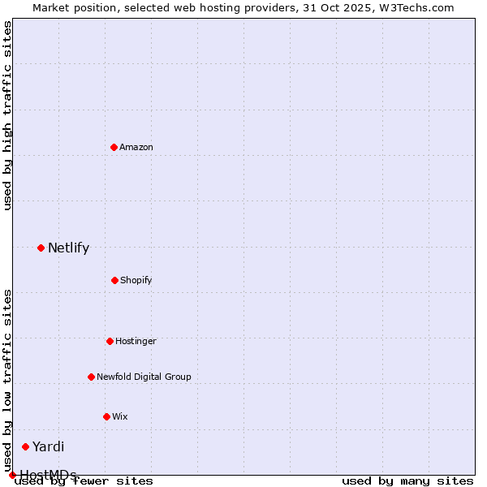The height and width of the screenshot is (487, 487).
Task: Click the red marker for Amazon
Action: pyautogui.click(x=114, y=147)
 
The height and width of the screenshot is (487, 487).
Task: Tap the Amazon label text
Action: pyautogui.click(x=136, y=147)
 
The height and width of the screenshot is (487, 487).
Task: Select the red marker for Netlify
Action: pyautogui.click(x=41, y=248)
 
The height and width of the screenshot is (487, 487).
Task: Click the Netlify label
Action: pyautogui.click(x=68, y=248)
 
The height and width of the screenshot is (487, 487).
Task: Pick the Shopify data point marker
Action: pyautogui.click(x=114, y=280)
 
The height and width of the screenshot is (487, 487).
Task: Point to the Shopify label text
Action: pyautogui.click(x=136, y=280)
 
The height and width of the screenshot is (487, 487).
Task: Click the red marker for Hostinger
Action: pyautogui.click(x=110, y=341)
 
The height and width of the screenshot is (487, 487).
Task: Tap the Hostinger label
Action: pyautogui.click(x=136, y=341)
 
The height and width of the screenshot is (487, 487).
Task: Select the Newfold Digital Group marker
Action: pyautogui.click(x=91, y=377)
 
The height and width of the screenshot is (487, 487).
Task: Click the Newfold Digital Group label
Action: pyautogui.click(x=144, y=377)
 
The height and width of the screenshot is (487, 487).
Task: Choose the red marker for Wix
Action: pyautogui.click(x=106, y=416)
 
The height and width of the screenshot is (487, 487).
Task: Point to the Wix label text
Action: pyautogui.click(x=120, y=416)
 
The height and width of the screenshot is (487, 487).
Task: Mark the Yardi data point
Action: pyautogui.click(x=25, y=446)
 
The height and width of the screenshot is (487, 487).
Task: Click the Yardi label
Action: pyautogui.click(x=48, y=446)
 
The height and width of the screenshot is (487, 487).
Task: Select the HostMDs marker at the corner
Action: pyautogui.click(x=12, y=475)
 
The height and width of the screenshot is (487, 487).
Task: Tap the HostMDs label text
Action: pyautogui.click(x=48, y=475)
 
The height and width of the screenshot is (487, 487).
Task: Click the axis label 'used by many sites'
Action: pyautogui.click(x=407, y=481)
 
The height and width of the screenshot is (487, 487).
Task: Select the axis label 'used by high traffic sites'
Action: pyautogui.click(x=7, y=115)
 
